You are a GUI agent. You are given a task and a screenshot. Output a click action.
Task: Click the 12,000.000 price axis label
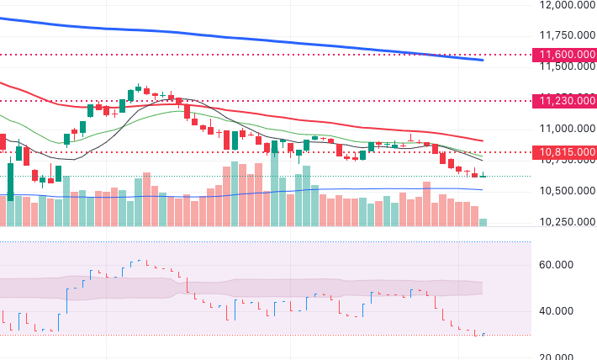563,5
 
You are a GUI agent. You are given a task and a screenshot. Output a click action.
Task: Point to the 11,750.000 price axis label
563,34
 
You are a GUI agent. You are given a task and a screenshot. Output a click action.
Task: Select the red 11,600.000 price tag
563,55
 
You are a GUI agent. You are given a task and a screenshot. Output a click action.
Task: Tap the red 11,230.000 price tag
563,100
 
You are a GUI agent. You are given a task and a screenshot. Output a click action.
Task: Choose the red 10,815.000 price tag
563,152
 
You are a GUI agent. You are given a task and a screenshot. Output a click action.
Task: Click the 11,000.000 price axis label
563,129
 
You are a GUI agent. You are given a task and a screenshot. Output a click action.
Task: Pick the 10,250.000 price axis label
563,222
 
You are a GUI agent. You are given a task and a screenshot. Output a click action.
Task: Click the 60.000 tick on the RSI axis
557,264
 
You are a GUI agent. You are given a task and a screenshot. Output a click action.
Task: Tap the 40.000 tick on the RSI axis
557,311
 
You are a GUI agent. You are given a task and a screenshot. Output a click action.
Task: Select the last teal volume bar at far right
483,222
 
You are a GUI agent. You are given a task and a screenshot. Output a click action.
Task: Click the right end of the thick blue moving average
482,60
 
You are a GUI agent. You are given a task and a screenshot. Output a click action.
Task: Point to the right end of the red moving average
482,140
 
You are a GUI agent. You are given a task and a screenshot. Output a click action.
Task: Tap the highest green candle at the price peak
138,90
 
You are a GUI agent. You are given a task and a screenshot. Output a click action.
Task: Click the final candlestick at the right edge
483,175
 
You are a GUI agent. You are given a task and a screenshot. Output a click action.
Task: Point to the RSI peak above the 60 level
140,261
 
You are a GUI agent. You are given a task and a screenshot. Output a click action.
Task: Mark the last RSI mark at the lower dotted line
483,335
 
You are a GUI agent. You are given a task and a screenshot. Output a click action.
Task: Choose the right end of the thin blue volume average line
482,190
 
